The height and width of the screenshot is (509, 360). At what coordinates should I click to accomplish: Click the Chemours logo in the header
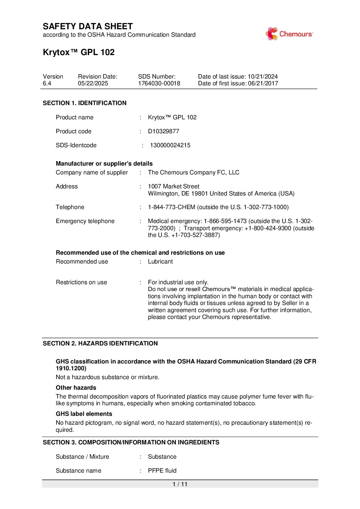coord(289,34)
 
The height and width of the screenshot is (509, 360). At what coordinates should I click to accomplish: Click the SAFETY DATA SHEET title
coord(88,27)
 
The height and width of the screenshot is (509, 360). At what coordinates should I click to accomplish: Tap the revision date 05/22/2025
coord(93,84)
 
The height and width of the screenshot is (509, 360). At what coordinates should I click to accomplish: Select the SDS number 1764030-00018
coord(159,84)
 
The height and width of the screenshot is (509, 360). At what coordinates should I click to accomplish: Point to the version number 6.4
coord(47,84)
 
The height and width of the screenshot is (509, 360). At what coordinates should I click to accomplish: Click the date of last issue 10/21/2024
coord(263,77)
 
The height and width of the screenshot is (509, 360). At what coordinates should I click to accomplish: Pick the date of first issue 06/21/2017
coord(263,84)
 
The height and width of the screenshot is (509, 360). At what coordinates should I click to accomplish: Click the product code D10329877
coord(163,131)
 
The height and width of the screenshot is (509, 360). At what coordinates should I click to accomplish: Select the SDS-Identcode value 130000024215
coord(170,145)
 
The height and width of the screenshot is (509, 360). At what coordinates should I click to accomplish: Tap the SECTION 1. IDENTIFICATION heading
coord(84,103)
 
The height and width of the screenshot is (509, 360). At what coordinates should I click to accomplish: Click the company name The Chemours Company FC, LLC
coord(194,172)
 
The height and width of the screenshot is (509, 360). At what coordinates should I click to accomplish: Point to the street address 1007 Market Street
coord(174,186)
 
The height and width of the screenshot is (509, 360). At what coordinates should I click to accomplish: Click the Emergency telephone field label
coord(85,221)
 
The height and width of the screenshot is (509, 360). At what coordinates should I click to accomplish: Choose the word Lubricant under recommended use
coord(160,261)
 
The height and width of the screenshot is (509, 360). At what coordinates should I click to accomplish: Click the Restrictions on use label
coord(81,282)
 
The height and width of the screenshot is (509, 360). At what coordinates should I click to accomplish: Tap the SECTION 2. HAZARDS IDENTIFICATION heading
coord(100,343)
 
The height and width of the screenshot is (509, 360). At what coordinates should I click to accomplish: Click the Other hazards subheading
coord(76,388)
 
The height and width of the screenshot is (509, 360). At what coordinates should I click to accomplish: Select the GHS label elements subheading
coord(84,414)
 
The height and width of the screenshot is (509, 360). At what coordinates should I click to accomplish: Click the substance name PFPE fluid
coord(162,471)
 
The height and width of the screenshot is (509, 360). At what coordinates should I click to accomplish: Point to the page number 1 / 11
coord(180,484)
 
